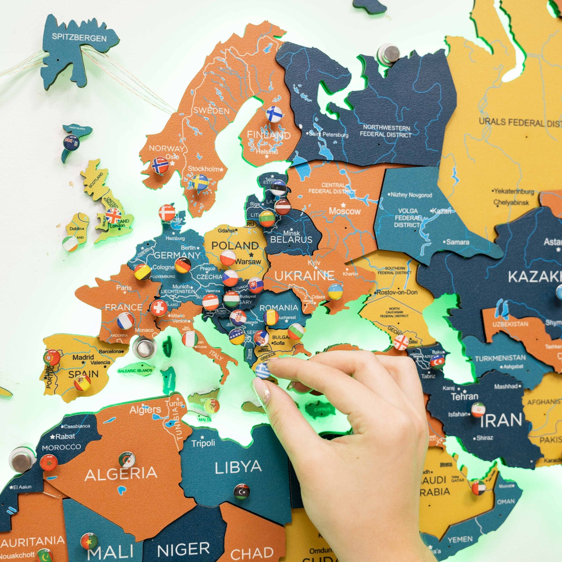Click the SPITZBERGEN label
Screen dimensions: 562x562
coord(79,38)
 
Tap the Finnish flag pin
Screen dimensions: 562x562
coord(274,114)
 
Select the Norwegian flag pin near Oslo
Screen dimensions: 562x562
coord(160,165)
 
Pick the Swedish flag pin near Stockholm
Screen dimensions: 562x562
coord(200,182)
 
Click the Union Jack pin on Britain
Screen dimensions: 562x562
coord(113,216)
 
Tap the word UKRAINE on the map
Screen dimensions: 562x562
coord(304,275)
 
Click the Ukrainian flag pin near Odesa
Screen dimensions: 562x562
coord(335,291)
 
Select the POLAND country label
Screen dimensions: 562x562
coord(235,246)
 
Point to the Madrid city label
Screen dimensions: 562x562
coord(83,357)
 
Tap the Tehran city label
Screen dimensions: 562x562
coord(464,396)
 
